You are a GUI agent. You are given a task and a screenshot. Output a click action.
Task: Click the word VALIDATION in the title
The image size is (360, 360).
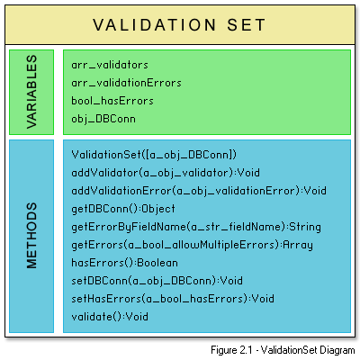155,25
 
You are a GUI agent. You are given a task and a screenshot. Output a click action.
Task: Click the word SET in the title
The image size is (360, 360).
247,25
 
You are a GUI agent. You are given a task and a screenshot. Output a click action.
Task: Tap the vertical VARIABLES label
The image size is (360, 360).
31,92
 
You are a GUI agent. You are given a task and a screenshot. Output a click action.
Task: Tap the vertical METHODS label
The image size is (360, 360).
31,236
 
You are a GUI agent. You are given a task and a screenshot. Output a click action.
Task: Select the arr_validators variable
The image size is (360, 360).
110,65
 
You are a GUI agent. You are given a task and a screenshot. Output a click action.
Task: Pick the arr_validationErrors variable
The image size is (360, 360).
126,83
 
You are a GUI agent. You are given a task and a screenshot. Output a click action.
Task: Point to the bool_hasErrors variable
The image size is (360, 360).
112,101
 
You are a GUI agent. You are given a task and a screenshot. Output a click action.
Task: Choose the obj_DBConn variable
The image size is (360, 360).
103,119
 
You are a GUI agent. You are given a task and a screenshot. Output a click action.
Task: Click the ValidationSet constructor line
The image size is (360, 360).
154,155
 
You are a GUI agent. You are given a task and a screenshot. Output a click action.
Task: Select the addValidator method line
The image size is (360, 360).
166,173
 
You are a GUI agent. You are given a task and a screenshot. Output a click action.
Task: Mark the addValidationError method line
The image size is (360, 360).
199,191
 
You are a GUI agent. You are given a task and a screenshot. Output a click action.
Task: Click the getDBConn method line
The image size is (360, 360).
123,209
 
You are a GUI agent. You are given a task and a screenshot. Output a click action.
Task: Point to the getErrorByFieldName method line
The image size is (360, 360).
196,227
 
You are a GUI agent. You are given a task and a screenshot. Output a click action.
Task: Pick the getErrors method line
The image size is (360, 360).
192,245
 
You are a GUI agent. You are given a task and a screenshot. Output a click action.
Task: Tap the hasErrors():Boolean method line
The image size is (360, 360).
124,263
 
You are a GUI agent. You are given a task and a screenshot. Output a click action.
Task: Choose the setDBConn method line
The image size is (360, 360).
157,281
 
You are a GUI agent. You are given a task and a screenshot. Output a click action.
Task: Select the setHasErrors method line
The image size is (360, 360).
173,299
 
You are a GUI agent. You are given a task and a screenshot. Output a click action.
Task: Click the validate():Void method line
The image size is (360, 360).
110,317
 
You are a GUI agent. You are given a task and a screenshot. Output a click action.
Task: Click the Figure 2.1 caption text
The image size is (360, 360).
283,350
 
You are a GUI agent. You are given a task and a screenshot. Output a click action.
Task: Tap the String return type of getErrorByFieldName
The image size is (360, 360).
305,227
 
